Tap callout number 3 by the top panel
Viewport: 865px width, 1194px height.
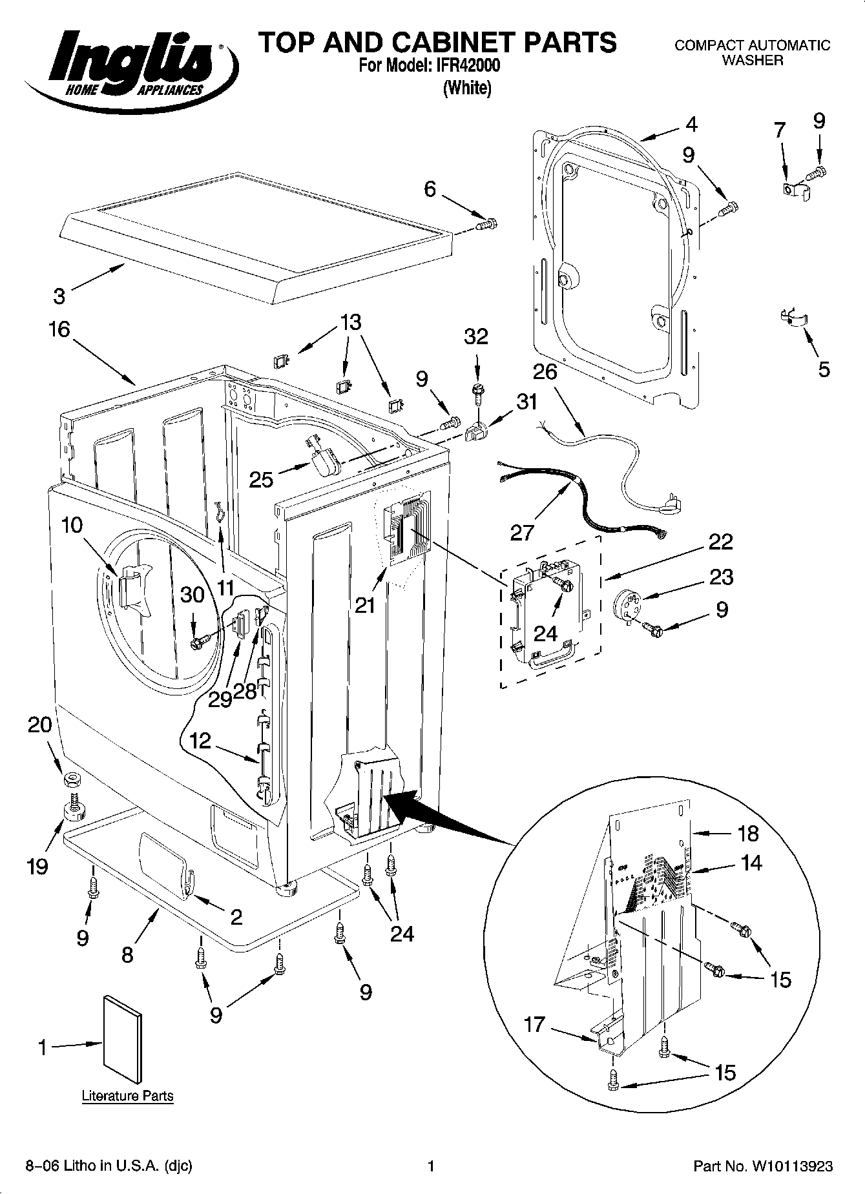coord(59,296)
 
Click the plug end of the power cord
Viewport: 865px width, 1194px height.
coord(669,507)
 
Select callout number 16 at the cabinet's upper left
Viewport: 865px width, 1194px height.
coord(59,329)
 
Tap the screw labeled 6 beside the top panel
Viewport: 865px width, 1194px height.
coord(486,224)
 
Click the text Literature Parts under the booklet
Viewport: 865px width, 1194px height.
coord(127,1096)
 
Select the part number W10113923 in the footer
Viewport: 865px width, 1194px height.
coord(791,1166)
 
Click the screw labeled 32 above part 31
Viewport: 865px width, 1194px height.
coord(477,391)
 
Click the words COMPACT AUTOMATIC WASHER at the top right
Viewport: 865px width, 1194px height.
coord(752,52)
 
